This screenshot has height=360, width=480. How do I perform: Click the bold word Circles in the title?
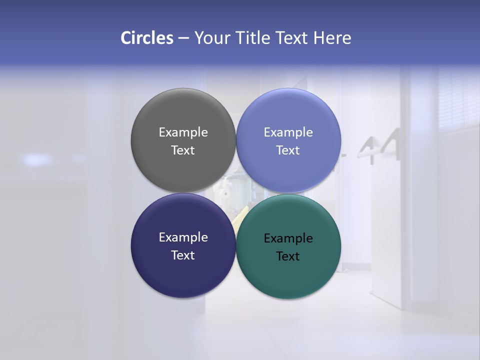[147, 38]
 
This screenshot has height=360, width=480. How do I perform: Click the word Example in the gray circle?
[183, 132]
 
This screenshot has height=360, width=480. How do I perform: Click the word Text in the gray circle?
[183, 150]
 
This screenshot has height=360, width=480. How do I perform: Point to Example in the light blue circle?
[288, 132]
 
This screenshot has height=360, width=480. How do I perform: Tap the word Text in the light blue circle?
[288, 150]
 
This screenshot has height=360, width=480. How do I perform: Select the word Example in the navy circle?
[183, 237]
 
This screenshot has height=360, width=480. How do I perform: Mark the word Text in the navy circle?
[183, 255]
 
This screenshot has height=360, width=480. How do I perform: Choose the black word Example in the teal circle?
[288, 238]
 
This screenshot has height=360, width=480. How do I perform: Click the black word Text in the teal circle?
[288, 256]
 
